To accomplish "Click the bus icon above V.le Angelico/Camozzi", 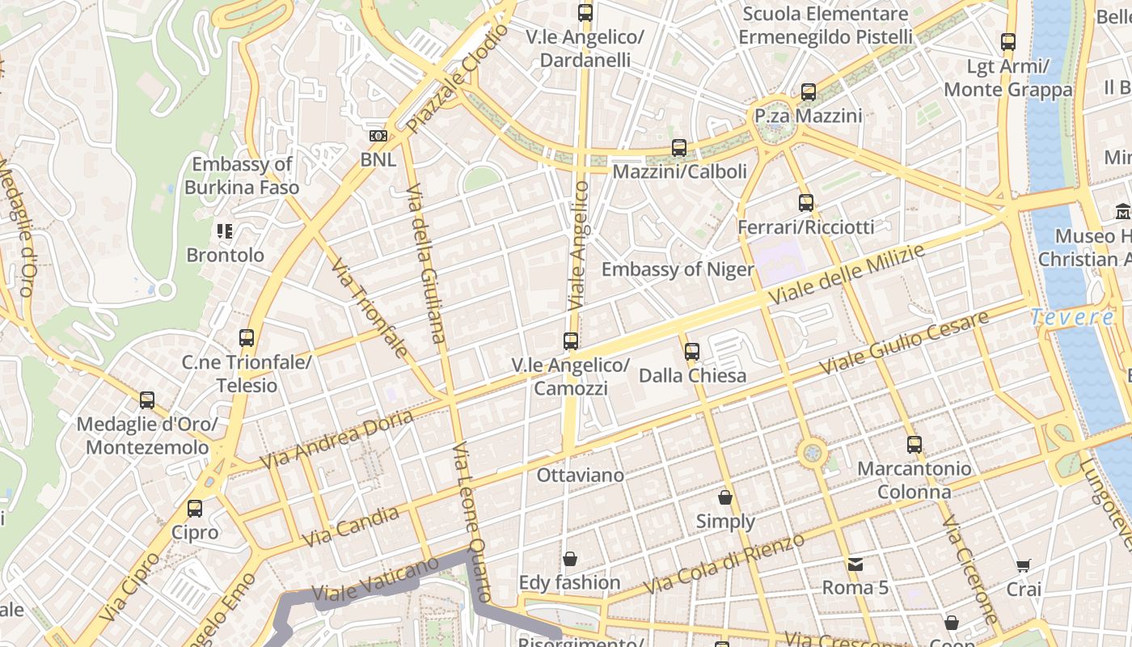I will tap(571, 341).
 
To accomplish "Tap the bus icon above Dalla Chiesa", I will tap(691, 352).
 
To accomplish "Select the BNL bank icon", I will tap(378, 136).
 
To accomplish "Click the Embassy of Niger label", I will tap(678, 269).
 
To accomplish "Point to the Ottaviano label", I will tap(581, 475).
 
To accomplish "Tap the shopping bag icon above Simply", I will tap(725, 497).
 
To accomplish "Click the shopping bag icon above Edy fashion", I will tap(570, 559).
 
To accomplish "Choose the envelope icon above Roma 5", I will tap(855, 564).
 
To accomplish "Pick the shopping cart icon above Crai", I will tap(1024, 565).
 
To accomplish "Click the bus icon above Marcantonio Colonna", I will tap(914, 444).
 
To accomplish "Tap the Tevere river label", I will tap(1071, 317).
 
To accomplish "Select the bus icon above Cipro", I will tap(195, 509).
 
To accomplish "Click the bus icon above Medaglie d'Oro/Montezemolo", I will tap(147, 400).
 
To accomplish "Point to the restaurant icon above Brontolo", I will tap(225, 231).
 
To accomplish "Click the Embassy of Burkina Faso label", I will tap(242, 175).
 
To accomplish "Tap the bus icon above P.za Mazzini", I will tap(809, 92).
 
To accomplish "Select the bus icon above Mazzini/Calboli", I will tap(679, 148).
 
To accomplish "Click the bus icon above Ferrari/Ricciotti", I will tap(805, 203).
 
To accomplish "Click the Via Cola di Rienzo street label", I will tap(724, 564).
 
